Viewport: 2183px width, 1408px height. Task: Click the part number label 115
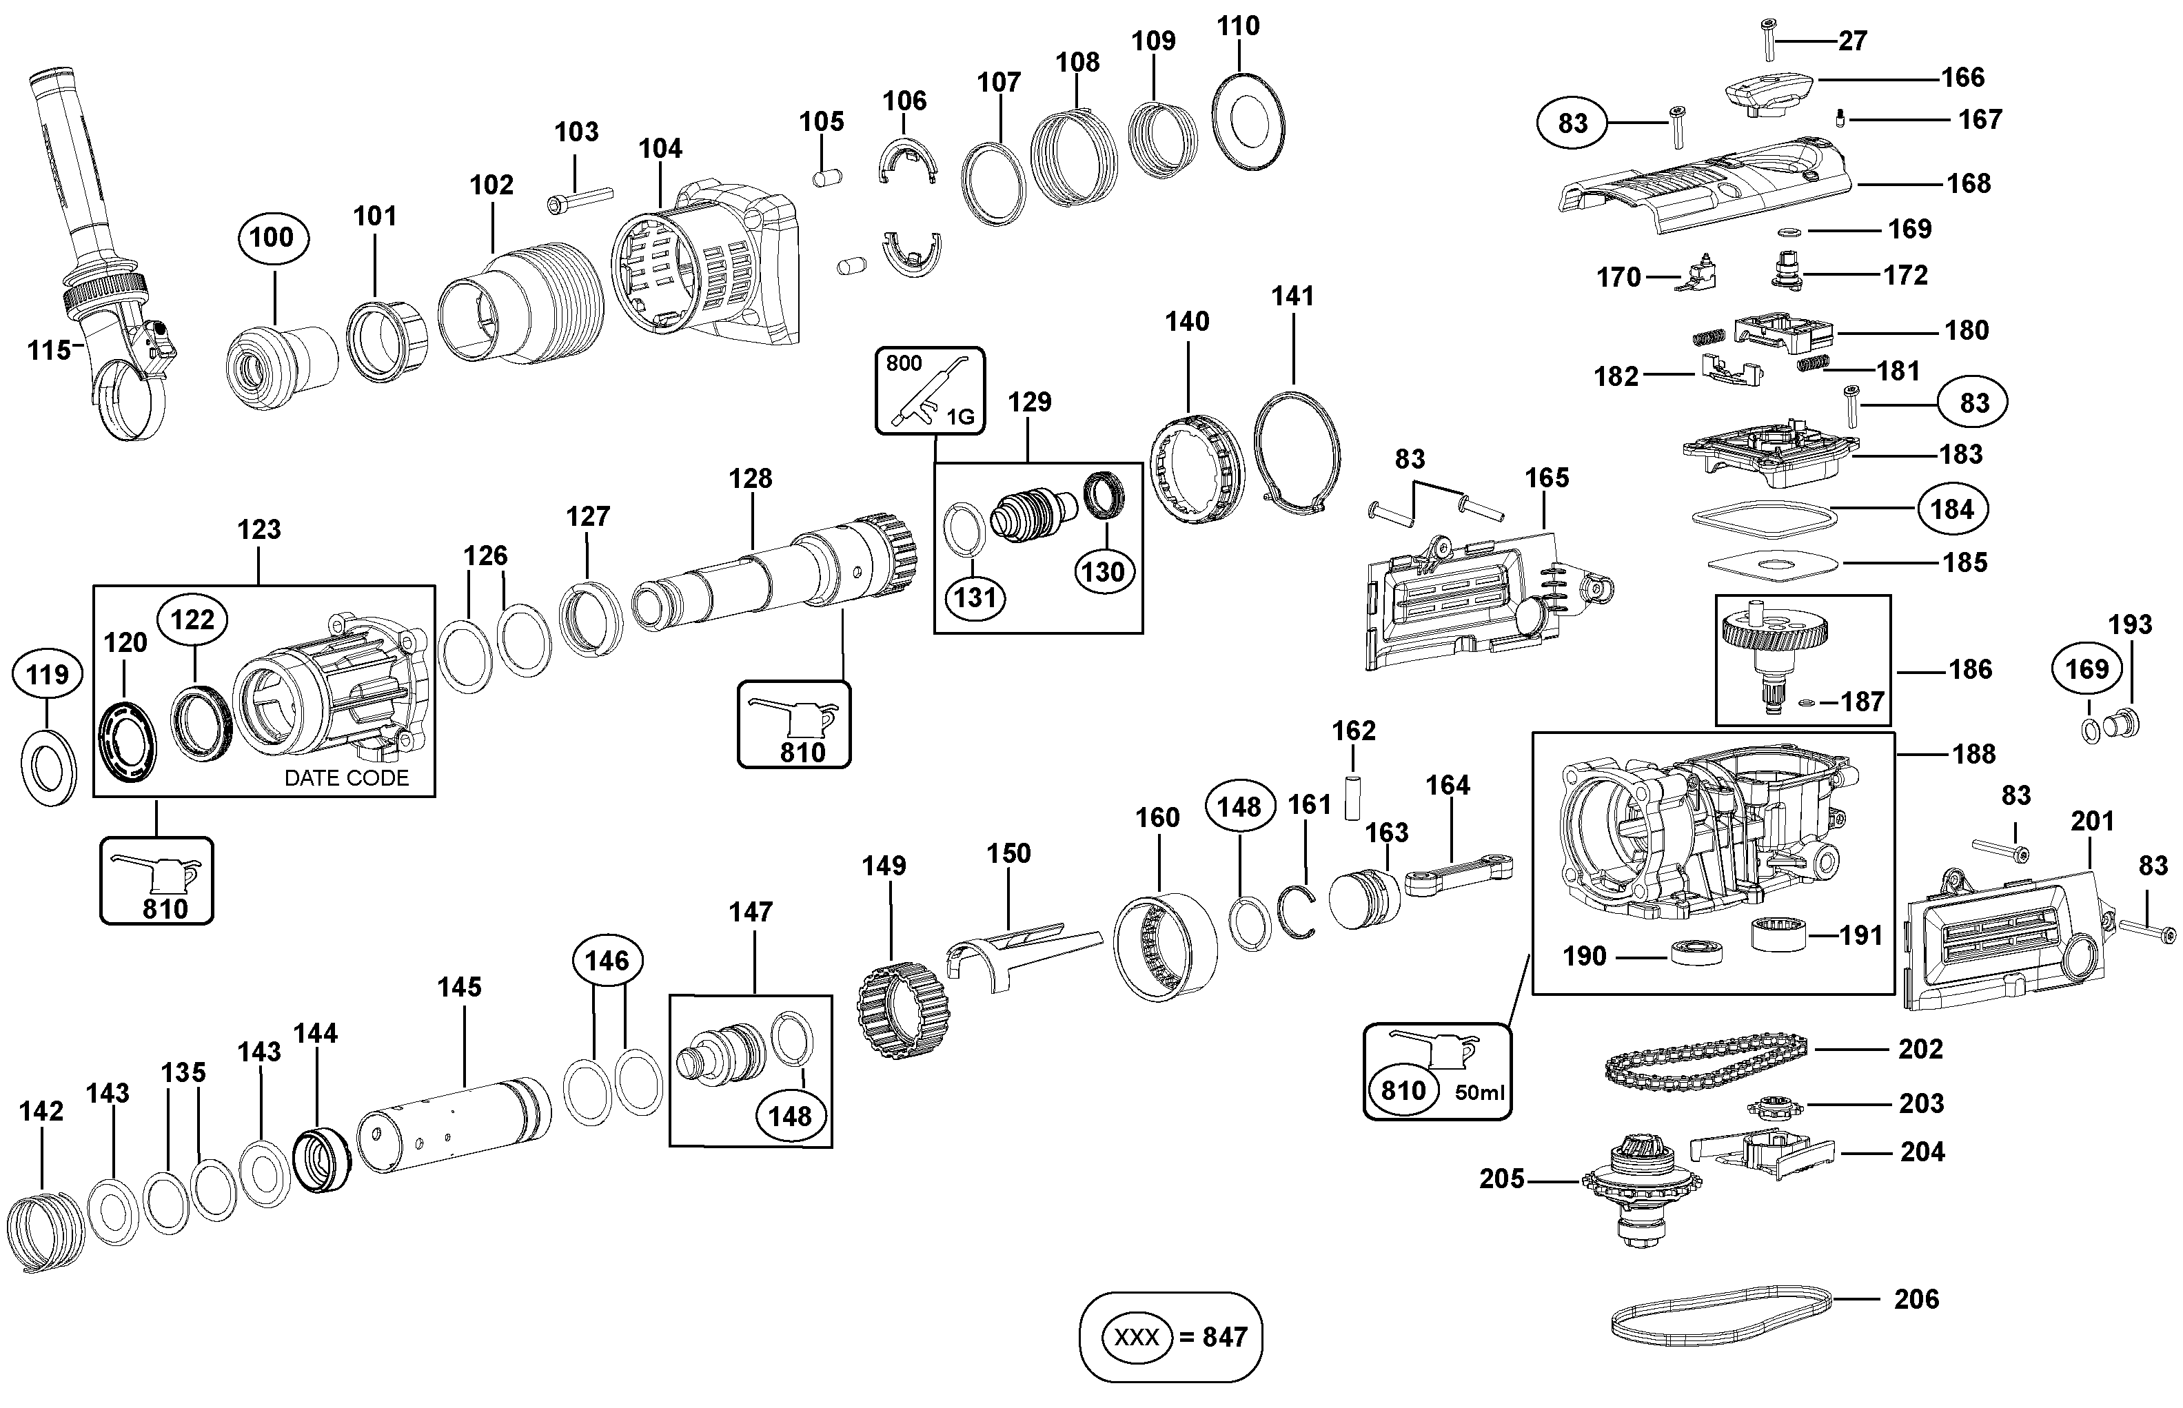coord(48,350)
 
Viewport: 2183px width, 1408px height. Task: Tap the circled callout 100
coord(272,238)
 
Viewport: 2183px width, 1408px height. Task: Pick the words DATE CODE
coord(347,778)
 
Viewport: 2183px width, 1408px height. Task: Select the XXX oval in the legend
coord(1136,1338)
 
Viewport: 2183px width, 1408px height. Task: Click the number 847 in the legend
coord(1225,1338)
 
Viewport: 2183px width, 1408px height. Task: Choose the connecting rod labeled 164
coord(1458,874)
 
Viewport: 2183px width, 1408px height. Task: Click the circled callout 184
coord(1951,509)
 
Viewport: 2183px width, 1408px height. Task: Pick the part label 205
coord(1502,1179)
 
